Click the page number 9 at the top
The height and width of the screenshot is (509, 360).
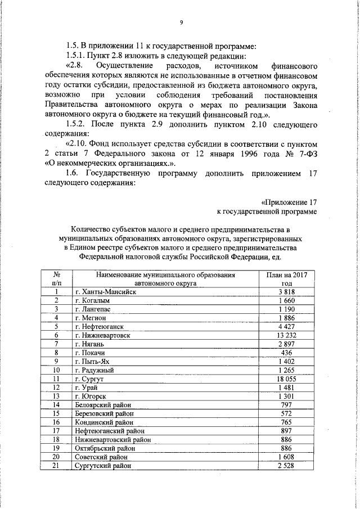181,22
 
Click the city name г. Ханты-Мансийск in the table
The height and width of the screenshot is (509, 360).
105,292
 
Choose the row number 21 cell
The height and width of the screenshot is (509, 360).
57,466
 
